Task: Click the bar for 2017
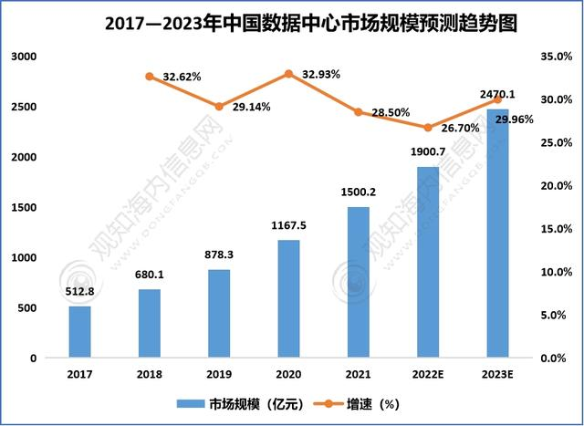click(80, 332)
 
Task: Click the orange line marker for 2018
click(150, 76)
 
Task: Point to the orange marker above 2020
click(288, 73)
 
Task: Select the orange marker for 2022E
click(427, 128)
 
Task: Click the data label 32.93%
click(320, 74)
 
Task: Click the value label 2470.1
click(497, 94)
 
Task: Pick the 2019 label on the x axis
click(219, 374)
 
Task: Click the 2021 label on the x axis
click(358, 374)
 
